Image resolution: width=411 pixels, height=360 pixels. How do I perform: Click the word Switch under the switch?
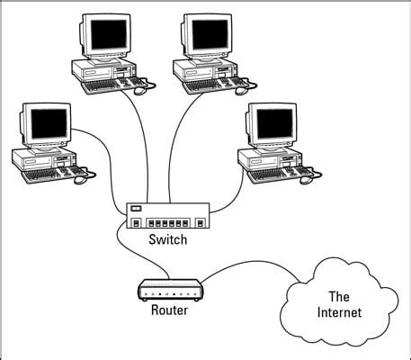click(167, 240)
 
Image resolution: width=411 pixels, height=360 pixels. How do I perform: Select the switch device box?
click(167, 217)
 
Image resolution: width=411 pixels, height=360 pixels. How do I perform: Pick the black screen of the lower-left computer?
click(42, 124)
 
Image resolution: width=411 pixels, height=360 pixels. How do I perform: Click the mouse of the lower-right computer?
click(307, 178)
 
